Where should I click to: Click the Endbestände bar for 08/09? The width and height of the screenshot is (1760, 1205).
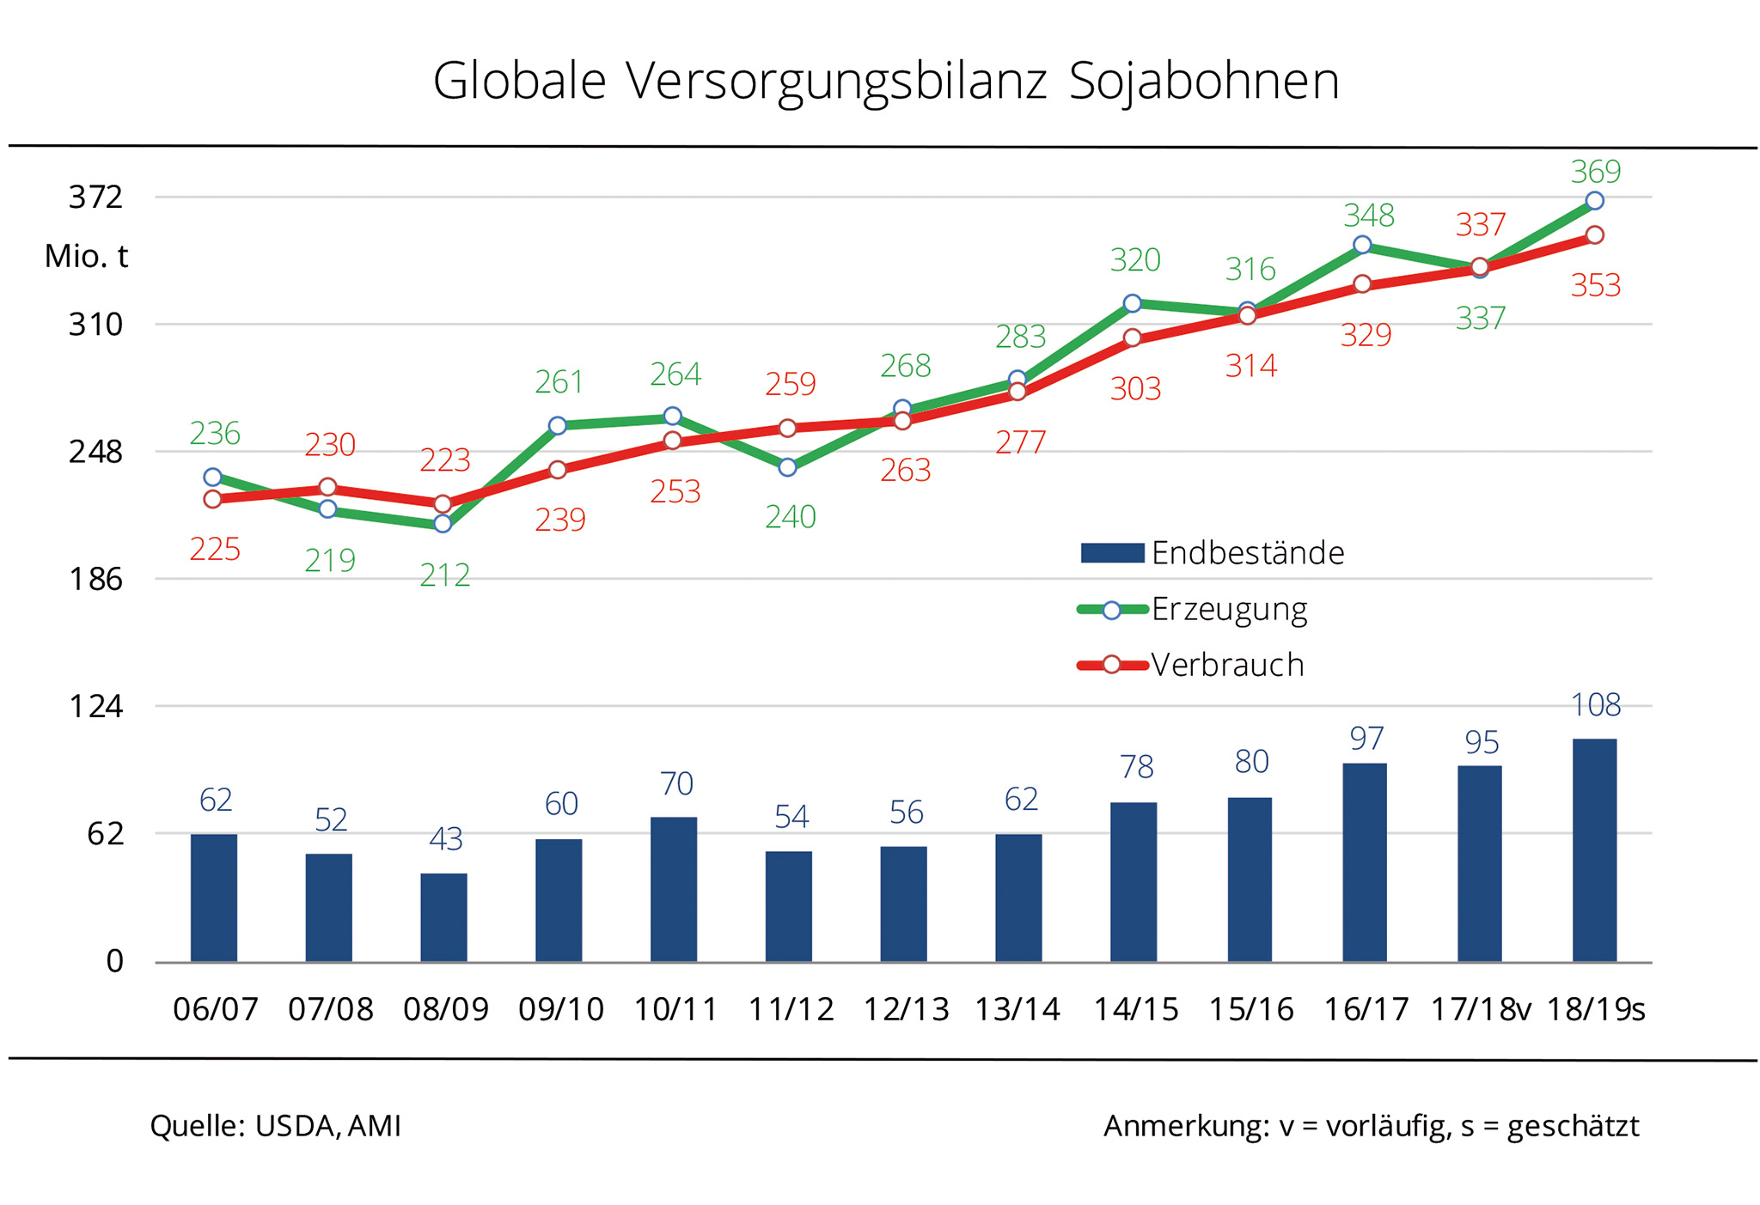pos(443,916)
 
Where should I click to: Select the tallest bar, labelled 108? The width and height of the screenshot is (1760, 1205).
pos(1594,849)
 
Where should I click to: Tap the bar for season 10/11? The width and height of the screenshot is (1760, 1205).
pos(674,889)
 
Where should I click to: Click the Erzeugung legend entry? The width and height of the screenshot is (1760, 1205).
pos(1229,609)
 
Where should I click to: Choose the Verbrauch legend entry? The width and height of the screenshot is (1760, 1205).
pos(1226,665)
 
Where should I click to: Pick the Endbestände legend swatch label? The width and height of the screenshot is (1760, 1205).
pos(1247,553)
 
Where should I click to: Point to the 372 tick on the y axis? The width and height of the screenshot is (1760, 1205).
pos(96,198)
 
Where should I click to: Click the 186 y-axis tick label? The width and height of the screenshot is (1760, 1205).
pos(96,580)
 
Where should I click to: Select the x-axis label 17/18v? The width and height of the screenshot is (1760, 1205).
pos(1480,1009)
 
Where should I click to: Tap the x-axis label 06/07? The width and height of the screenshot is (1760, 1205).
pos(216,1009)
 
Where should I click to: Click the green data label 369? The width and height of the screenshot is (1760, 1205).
pos(1596,172)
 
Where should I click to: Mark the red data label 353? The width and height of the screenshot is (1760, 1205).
pos(1596,285)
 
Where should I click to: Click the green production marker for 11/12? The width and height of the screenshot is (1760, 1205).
pos(788,467)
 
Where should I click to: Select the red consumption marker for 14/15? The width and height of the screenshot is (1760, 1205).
pos(1133,338)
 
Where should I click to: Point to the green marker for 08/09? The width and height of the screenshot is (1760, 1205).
pos(443,523)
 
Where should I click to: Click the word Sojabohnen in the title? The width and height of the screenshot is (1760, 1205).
pos(1204,82)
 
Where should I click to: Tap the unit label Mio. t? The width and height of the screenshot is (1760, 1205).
pos(87,256)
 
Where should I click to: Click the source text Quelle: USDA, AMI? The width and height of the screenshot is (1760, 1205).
pos(276,1126)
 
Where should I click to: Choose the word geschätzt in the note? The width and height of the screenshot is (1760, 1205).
pos(1574,1126)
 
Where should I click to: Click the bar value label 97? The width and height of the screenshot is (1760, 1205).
pos(1366,739)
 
